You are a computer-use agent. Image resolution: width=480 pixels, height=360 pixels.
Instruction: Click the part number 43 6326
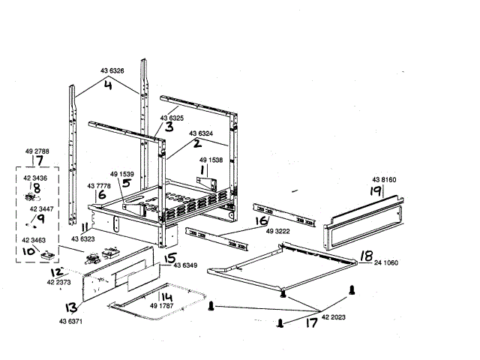pyautogui.click(x=112, y=71)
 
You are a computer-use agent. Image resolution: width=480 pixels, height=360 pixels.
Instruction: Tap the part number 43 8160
pyautogui.click(x=384, y=180)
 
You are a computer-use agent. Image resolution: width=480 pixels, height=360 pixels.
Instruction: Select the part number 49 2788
pyautogui.click(x=37, y=151)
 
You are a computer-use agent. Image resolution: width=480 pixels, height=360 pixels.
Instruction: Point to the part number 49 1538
pyautogui.click(x=211, y=160)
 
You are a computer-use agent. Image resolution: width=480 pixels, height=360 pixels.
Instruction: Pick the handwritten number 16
pyautogui.click(x=261, y=222)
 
